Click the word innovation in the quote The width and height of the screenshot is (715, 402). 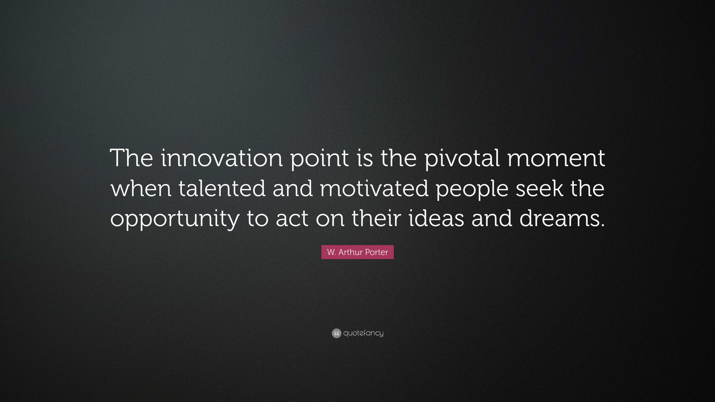[x=222, y=158]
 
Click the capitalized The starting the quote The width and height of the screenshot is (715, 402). [x=132, y=158]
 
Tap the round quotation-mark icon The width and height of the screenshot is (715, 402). [x=336, y=333]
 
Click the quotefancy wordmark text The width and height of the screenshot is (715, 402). [x=363, y=333]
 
